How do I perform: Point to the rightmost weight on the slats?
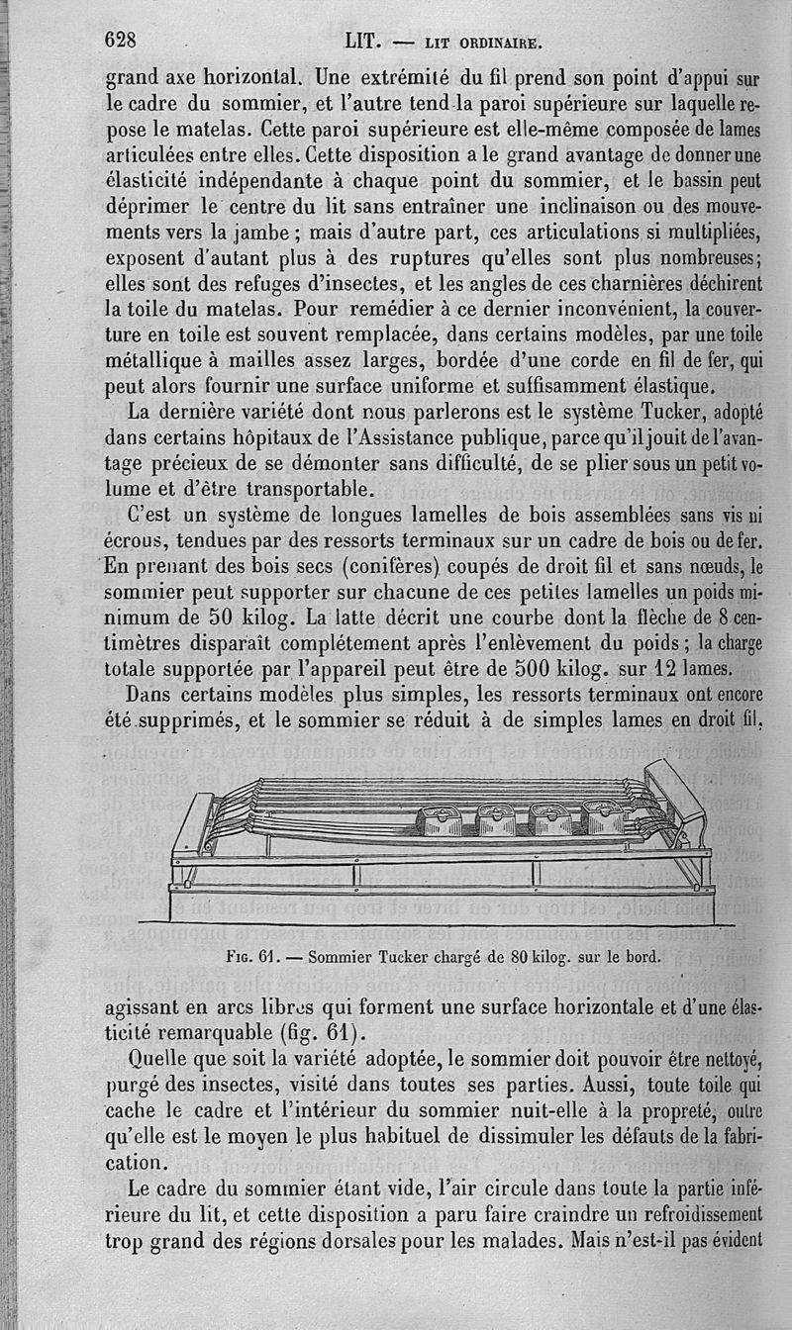[x=602, y=817]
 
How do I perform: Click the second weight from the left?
[x=495, y=820]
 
